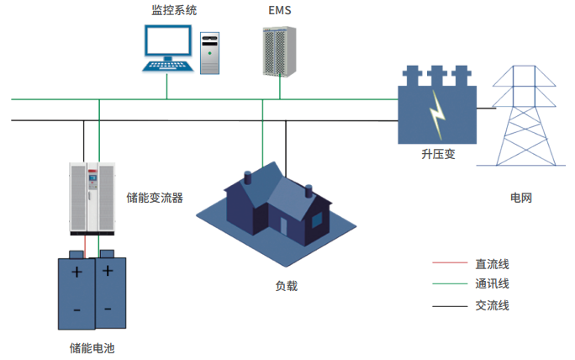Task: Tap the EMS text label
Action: [x=277, y=11]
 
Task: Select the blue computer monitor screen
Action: [x=166, y=42]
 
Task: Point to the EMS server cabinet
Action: [x=277, y=51]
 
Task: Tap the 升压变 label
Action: [x=438, y=156]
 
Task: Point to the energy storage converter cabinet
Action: [x=90, y=199]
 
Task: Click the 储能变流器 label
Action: [x=155, y=198]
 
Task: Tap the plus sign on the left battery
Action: [x=76, y=272]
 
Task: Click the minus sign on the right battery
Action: [x=107, y=310]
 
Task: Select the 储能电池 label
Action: [x=91, y=347]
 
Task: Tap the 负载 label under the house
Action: [x=286, y=286]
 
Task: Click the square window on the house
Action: [x=318, y=220]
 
